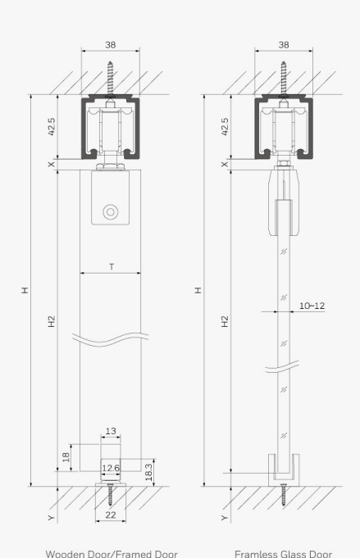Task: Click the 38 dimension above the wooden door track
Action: (x=111, y=44)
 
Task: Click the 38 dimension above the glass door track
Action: (x=284, y=44)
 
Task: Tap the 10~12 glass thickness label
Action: (x=312, y=306)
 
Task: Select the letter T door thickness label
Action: (x=112, y=266)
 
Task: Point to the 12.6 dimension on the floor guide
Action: (x=111, y=468)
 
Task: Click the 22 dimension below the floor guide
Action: (x=111, y=515)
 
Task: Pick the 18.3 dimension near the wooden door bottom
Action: (x=149, y=472)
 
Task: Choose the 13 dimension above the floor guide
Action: (x=111, y=431)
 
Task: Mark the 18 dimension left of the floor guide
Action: (x=66, y=457)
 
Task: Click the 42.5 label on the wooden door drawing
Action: (x=52, y=127)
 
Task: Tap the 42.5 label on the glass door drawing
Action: (x=225, y=127)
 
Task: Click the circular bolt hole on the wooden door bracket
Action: (x=111, y=212)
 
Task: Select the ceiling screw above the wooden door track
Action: (x=111, y=79)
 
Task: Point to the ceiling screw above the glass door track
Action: (x=284, y=79)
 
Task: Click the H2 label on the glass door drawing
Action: (x=225, y=321)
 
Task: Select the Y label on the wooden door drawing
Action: (x=52, y=517)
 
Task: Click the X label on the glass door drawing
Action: (x=225, y=165)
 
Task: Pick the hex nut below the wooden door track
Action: (x=111, y=166)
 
